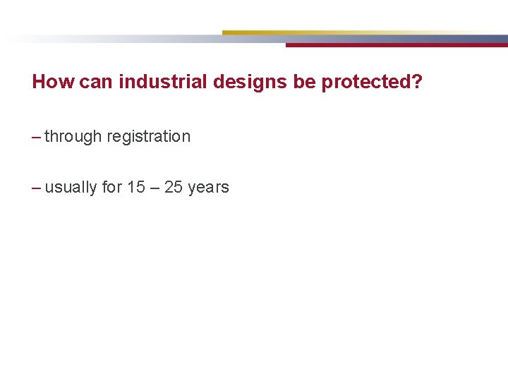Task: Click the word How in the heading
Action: pos(53,82)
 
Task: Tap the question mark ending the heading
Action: pos(418,82)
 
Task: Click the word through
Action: pos(73,137)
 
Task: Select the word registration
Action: pos(149,137)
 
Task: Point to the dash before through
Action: pos(37,137)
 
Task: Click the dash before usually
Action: pos(37,188)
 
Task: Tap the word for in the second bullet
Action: pos(112,187)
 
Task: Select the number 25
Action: pos(174,187)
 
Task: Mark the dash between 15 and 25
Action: pos(155,187)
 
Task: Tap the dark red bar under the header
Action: pos(395,44)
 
